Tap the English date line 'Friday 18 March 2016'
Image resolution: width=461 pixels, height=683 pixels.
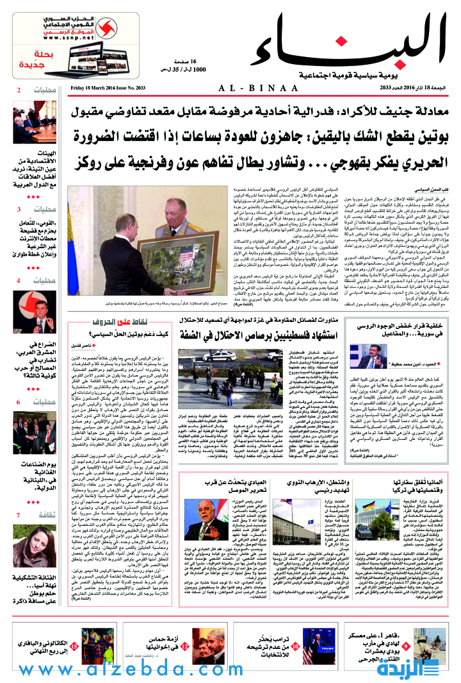pyautogui.click(x=105, y=88)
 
